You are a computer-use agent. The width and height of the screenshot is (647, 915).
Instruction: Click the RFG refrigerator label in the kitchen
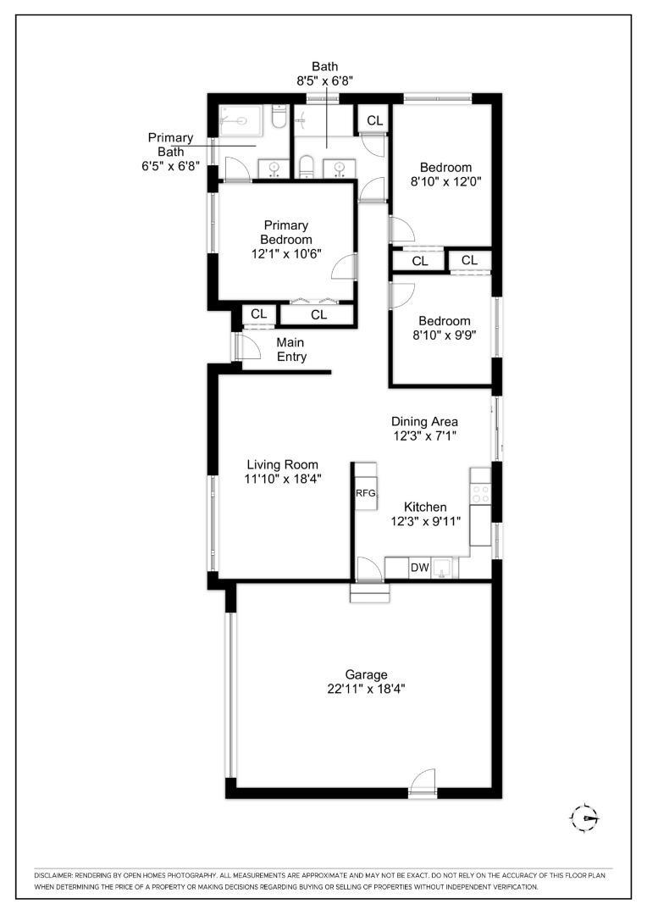[365, 493]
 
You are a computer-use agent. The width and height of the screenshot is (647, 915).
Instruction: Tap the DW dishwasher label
[419, 567]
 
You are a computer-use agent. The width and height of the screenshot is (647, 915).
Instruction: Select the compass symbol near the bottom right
[584, 818]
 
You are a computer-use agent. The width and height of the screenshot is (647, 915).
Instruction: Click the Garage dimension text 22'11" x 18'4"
[367, 689]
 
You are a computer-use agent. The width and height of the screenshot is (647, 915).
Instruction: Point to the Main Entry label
[290, 350]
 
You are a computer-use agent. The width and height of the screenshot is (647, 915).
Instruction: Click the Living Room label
[282, 464]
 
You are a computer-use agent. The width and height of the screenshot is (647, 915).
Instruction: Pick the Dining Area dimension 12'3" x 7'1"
[424, 435]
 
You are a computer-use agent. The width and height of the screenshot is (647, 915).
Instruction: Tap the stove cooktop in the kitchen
[481, 494]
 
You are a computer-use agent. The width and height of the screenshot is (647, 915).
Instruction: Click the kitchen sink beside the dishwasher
[442, 567]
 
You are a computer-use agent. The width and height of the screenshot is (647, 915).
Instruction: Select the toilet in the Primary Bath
[279, 118]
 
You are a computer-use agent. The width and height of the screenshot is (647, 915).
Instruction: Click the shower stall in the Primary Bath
[241, 120]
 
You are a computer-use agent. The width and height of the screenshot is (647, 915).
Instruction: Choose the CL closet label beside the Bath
[374, 120]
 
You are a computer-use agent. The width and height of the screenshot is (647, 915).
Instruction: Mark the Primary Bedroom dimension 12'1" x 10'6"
[286, 254]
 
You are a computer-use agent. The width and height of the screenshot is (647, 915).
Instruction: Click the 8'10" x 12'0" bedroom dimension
[445, 181]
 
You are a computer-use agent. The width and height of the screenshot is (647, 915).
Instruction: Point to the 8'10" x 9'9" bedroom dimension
[445, 335]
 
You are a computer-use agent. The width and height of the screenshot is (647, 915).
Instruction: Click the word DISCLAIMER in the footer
[53, 876]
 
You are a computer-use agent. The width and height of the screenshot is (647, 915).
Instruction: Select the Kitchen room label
[425, 507]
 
